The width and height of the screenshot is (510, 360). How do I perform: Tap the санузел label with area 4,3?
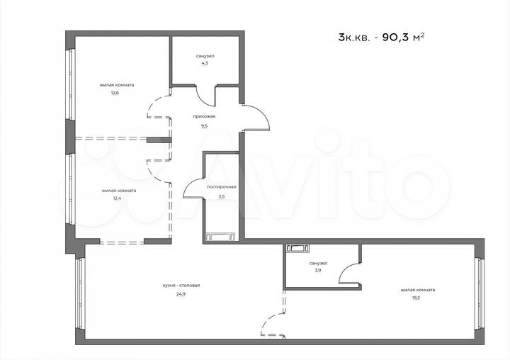(x=206, y=56)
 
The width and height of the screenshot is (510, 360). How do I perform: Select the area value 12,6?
(x=114, y=92)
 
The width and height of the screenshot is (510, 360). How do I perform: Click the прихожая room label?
(x=204, y=116)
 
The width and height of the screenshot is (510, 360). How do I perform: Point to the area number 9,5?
(x=204, y=125)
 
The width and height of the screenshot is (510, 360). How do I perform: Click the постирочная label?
(x=221, y=187)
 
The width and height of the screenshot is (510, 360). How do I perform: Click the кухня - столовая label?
(x=181, y=285)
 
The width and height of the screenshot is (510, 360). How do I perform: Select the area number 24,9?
(x=181, y=294)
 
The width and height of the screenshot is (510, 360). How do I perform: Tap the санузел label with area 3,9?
(x=318, y=262)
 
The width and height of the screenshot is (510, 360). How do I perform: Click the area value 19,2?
(x=417, y=298)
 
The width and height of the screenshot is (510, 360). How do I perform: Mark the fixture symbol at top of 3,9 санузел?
(x=297, y=248)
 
